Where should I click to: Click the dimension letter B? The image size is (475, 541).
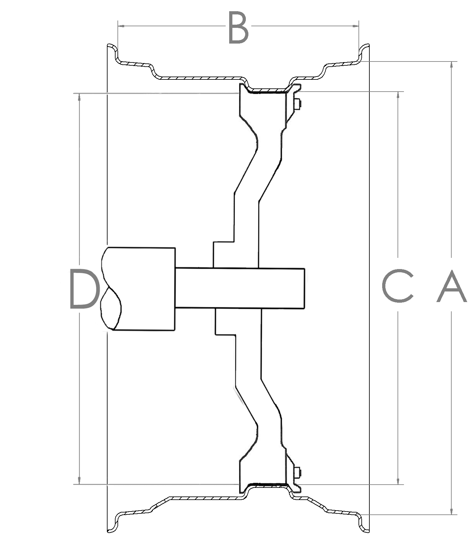point(238,28)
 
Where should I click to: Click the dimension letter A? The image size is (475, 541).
point(451,286)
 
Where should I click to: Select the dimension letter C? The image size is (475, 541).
point(398,286)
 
